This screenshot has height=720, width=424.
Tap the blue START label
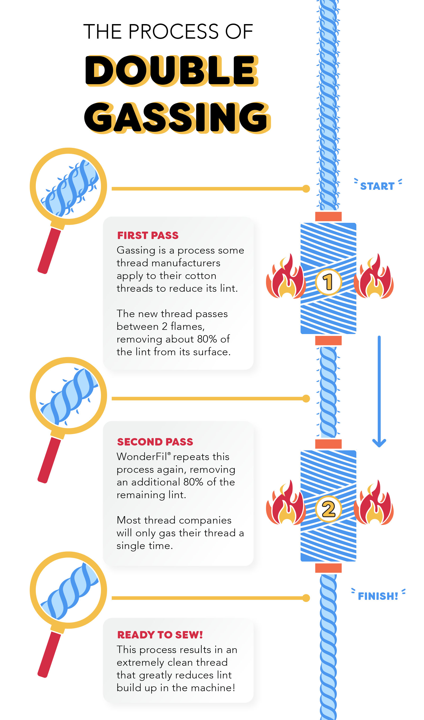377,186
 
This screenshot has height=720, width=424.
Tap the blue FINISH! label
378,596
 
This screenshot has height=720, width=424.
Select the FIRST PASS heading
148,235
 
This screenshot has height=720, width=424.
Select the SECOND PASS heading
155,442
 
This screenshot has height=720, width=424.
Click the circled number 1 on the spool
328,282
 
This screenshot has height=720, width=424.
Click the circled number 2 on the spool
328,509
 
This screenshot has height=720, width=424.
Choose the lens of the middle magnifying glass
68,395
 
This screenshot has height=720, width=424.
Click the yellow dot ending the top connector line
306,188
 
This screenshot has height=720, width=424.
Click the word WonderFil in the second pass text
142,457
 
